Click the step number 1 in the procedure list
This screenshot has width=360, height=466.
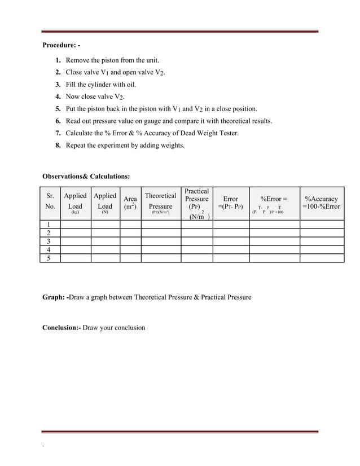pos(59,60)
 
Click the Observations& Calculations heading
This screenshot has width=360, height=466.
pos(86,177)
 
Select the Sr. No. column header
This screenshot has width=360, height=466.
pos(50,203)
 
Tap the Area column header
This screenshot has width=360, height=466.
pos(130,203)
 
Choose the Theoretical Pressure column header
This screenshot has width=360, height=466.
pos(161,203)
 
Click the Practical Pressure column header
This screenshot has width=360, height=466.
pos(197,203)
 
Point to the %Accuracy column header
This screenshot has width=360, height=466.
pos(321,203)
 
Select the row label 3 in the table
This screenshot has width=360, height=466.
pos(49,241)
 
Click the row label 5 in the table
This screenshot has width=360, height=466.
pos(49,258)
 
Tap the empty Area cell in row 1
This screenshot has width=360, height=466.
pos(130,224)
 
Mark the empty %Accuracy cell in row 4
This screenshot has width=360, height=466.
pos(321,250)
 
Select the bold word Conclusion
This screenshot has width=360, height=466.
pos(62,327)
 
